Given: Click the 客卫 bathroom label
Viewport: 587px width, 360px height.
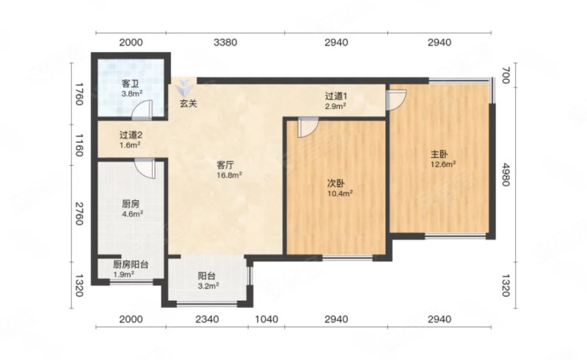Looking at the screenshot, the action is click(130, 84).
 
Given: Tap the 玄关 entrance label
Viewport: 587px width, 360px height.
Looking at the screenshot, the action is click(188, 103).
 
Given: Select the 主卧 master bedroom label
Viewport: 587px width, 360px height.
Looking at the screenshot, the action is click(439, 154).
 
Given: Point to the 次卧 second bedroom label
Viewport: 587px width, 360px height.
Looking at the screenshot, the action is click(336, 183).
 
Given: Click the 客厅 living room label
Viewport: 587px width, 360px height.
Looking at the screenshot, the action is click(225, 165).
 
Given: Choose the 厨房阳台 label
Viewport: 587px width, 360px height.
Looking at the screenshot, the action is click(131, 265).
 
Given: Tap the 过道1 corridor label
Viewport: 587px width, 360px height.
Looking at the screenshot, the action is click(335, 96).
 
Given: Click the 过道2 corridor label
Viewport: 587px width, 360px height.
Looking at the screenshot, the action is click(131, 135).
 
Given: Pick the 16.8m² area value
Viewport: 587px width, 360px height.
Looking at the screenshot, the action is click(230, 175).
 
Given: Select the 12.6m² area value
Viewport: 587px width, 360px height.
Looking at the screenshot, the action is click(443, 164).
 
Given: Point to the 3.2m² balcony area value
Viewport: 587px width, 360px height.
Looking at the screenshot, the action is click(208, 286).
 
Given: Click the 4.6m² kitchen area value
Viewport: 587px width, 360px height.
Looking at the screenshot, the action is click(133, 214).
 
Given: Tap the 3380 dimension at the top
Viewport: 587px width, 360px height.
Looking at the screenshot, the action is click(225, 43).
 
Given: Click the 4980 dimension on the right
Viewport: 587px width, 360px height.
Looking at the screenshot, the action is click(506, 175).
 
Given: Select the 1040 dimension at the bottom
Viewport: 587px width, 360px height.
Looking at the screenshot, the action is click(266, 319).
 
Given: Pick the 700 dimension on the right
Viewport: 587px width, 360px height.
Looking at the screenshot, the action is click(506, 76).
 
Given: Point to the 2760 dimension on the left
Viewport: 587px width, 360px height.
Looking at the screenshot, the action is click(79, 213).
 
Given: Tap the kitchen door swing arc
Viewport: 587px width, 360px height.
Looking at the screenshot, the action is click(145, 171).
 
